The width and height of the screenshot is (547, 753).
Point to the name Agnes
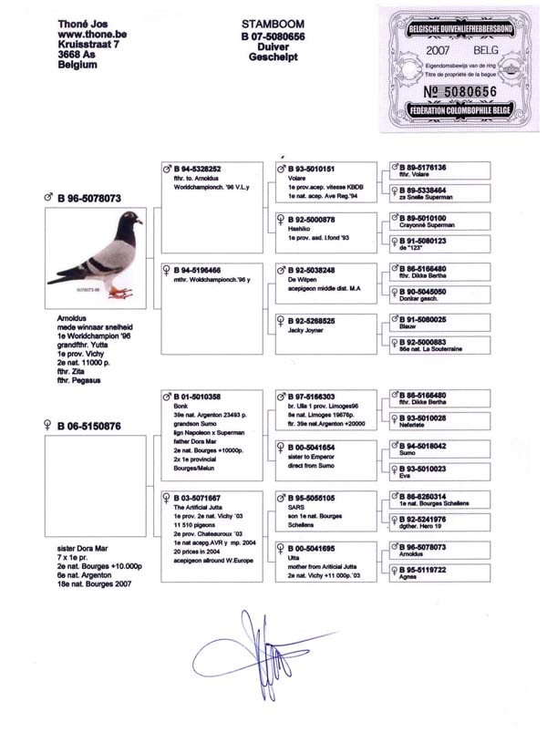pyautogui.click(x=410, y=580)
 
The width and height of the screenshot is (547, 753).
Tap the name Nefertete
pyautogui.click(x=416, y=427)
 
